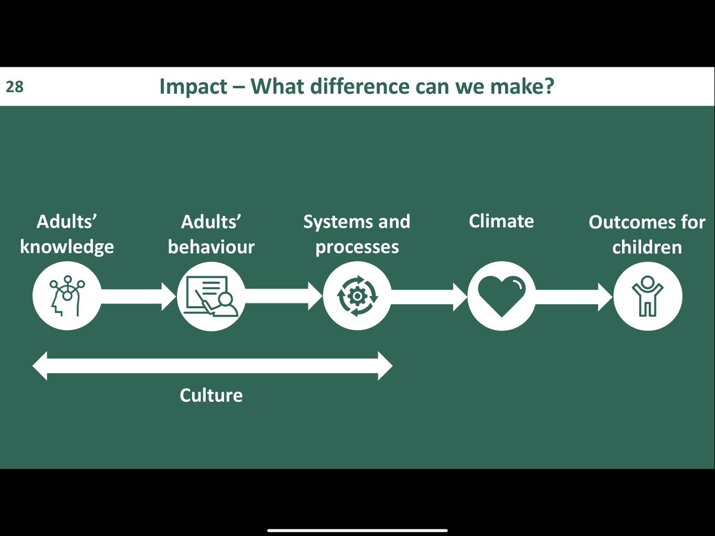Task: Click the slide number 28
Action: pos(14,87)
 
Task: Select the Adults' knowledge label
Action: pos(67,234)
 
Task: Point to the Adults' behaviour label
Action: pos(211,234)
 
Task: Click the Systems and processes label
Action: pos(356,234)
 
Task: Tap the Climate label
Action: pos(501,222)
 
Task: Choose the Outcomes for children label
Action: pos(646,234)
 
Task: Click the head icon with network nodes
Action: pos(67,296)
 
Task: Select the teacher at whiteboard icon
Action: pos(212,296)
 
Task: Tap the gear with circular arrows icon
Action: pos(356,296)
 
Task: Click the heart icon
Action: pos(502,296)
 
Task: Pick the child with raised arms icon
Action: pos(646,296)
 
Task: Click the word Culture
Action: pos(211,395)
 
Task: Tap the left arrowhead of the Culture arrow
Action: pos(41,365)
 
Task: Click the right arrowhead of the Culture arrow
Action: pos(384,365)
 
